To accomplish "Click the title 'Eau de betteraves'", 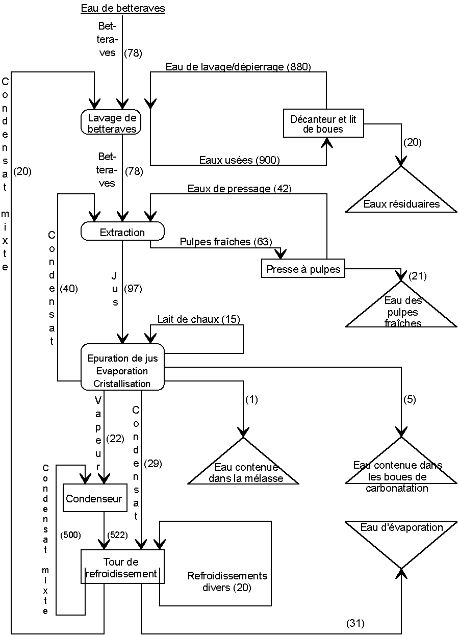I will click(x=123, y=8).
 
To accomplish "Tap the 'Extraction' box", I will click(x=122, y=233).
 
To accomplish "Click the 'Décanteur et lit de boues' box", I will click(x=323, y=124).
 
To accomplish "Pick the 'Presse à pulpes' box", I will click(x=303, y=269).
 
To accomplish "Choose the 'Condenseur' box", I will click(x=94, y=499).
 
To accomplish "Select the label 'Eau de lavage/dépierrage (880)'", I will click(x=238, y=67).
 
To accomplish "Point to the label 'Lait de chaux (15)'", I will click(x=198, y=319).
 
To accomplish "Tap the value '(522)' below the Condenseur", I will click(x=117, y=534).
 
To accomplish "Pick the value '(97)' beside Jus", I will click(x=133, y=289).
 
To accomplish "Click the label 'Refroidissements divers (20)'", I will click(x=227, y=581).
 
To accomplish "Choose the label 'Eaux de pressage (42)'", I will click(x=239, y=189).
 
